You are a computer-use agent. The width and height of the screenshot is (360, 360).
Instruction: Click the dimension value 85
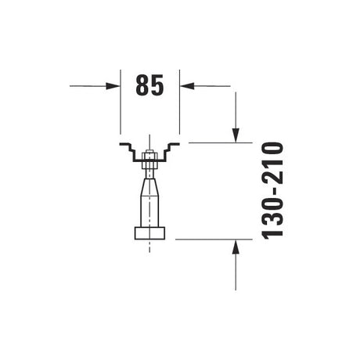pyautogui.click(x=149, y=85)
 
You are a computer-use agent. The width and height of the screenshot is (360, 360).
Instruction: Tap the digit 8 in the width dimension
pyautogui.click(x=142, y=85)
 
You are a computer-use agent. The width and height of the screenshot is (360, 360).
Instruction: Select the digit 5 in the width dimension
pyautogui.click(x=157, y=85)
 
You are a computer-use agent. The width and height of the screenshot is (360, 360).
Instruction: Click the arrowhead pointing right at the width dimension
pyautogui.click(x=113, y=86)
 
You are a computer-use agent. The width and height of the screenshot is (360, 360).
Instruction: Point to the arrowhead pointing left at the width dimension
pyautogui.click(x=187, y=86)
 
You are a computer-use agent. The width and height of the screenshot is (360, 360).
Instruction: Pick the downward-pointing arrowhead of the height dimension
pyautogui.click(x=236, y=135)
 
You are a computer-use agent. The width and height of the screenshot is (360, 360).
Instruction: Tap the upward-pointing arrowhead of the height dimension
pyautogui.click(x=236, y=247)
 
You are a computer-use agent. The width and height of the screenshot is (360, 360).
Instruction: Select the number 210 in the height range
pyautogui.click(x=273, y=159)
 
